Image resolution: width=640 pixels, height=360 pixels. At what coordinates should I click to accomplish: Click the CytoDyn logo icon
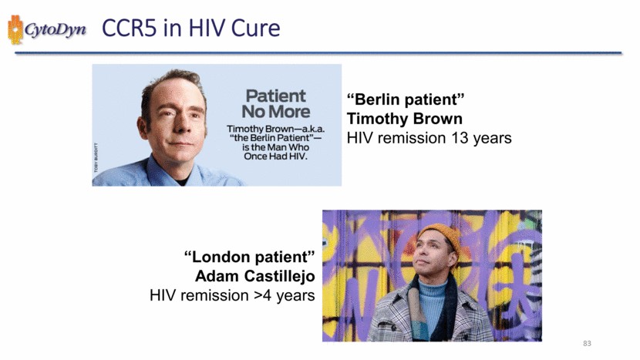point(15,29)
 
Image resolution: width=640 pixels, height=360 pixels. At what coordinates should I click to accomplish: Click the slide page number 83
point(587,343)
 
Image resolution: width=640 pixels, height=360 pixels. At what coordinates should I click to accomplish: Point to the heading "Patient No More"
point(276,103)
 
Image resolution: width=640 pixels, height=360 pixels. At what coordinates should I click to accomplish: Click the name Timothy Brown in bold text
point(405,119)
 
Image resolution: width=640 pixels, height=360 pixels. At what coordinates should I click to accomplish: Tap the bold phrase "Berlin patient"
point(406,99)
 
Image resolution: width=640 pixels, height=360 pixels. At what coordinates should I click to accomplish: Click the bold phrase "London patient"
point(250,257)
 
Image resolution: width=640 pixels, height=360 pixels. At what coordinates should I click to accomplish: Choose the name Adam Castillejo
point(255,276)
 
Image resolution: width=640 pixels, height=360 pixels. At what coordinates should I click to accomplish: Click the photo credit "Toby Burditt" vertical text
point(96,157)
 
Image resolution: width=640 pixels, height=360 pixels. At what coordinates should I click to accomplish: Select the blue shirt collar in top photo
point(163,171)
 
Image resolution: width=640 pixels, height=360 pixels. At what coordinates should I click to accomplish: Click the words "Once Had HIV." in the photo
point(275,156)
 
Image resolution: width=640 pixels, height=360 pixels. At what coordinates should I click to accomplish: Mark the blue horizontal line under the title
point(318,53)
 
